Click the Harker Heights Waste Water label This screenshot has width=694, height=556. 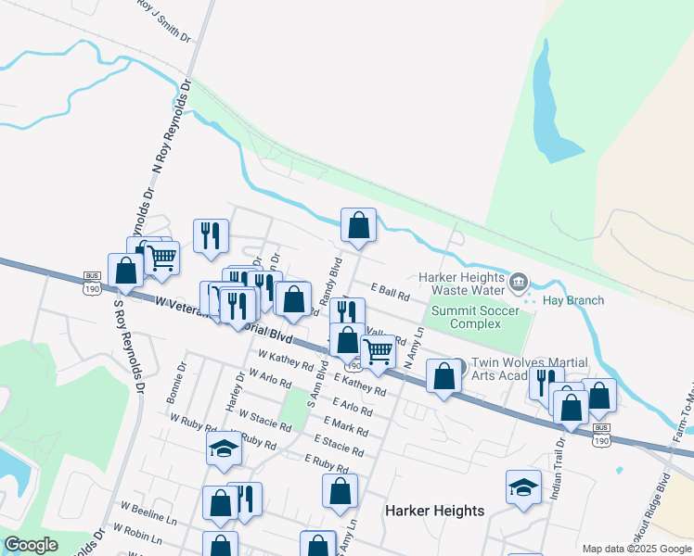(x=462, y=284)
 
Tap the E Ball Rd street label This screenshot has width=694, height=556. (x=390, y=292)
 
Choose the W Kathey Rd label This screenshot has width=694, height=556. (x=286, y=359)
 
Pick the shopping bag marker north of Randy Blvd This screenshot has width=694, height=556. (x=358, y=225)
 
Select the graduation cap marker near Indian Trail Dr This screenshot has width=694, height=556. (x=523, y=487)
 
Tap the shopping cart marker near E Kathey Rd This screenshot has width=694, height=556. (x=378, y=352)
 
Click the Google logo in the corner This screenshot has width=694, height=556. (x=31, y=545)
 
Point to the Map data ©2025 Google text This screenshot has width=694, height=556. (x=636, y=549)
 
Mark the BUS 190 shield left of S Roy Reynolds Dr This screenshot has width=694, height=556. (x=92, y=283)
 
